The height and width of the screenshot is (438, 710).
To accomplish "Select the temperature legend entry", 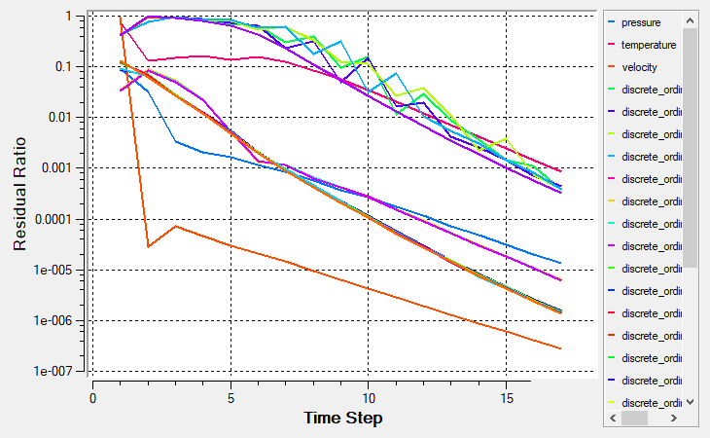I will pos(650,44).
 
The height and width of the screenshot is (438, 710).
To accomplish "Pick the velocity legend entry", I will pos(641,66).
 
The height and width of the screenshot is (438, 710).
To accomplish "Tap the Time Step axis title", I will pos(342,418).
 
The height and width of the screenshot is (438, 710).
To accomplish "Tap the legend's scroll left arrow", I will pos(613,418).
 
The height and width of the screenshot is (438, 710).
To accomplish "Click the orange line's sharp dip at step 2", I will pos(148,246).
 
